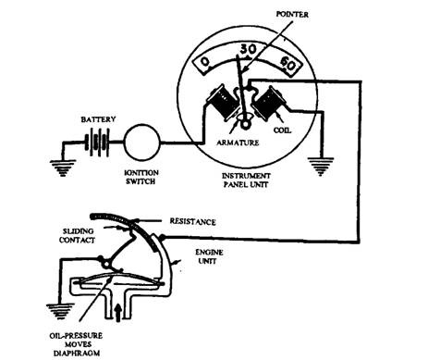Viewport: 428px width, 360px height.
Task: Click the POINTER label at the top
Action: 292,14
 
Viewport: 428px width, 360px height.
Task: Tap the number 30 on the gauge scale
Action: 248,49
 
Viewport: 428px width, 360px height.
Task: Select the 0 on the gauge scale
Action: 205,62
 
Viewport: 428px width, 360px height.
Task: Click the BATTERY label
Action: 98,119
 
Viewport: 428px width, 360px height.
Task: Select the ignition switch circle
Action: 142,143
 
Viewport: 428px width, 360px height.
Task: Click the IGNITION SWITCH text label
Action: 141,177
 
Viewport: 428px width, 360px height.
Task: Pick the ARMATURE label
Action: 238,143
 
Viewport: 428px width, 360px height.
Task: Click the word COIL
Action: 282,130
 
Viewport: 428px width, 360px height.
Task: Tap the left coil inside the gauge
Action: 223,103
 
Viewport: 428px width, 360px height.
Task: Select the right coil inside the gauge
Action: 267,103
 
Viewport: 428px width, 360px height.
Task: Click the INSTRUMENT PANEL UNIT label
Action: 246,180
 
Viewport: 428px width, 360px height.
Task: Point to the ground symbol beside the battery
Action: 63,168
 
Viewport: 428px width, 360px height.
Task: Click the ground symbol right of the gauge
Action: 321,167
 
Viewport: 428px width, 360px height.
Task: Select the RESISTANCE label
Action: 192,221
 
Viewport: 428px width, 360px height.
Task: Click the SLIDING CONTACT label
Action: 77,235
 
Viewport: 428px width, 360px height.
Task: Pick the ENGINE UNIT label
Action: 209,256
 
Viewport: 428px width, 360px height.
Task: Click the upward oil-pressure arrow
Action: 117,312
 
